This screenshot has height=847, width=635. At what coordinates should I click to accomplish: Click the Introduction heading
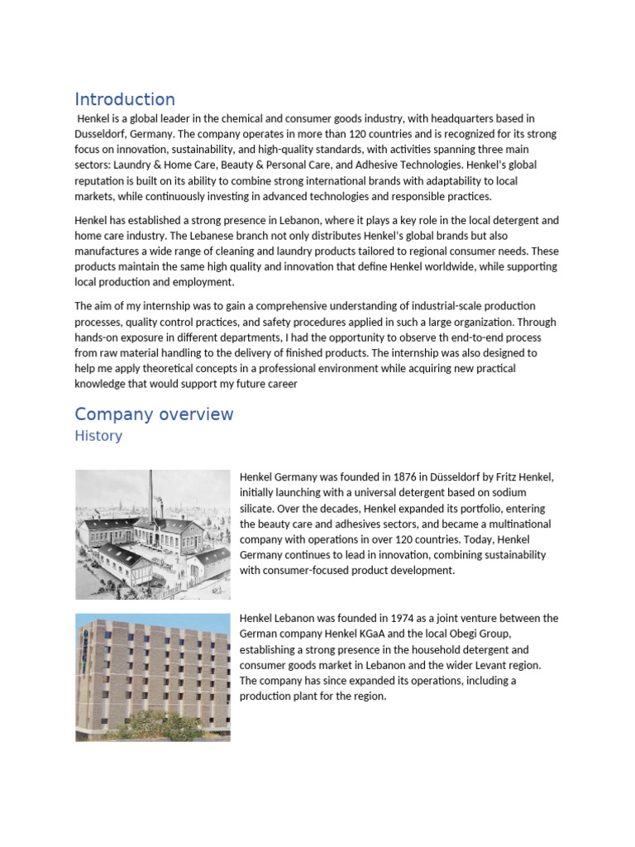[125, 99]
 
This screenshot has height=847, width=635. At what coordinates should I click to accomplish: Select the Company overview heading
[154, 414]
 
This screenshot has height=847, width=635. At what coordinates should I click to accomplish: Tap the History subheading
[98, 436]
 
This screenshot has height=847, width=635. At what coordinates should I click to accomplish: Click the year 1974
[387, 618]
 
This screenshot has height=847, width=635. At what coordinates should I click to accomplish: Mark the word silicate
[259, 509]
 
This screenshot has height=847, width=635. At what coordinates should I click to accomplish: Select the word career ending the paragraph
[280, 384]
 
